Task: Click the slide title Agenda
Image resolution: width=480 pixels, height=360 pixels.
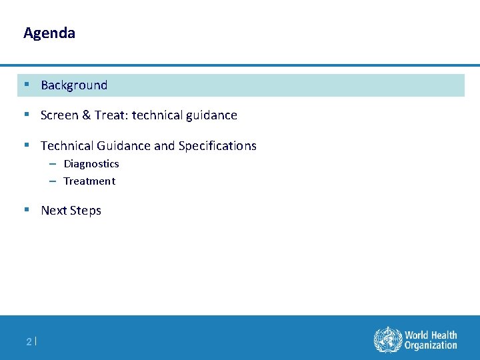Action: [49, 33]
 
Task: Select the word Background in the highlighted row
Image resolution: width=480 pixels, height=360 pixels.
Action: [74, 85]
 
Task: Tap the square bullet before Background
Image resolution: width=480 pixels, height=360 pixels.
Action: [26, 85]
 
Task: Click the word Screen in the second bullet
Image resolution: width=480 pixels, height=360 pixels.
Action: [58, 115]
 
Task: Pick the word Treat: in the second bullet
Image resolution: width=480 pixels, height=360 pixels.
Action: [111, 115]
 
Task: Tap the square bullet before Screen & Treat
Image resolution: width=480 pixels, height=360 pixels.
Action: [26, 115]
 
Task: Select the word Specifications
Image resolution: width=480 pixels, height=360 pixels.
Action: [217, 146]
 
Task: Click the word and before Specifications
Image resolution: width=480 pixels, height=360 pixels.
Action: [164, 146]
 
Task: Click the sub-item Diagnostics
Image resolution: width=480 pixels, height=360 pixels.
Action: [91, 164]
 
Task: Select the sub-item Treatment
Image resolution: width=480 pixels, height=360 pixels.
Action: [89, 181]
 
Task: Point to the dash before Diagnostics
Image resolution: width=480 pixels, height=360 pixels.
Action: [52, 164]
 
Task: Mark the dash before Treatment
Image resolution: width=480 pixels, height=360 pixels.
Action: [52, 181]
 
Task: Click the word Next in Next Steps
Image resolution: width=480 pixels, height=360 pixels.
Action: [53, 211]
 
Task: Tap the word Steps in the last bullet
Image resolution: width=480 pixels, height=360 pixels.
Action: [85, 211]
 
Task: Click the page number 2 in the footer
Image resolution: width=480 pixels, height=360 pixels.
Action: [29, 342]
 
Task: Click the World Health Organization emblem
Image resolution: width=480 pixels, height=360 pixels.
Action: [387, 339]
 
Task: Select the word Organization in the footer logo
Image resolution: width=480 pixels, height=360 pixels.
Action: [431, 345]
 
